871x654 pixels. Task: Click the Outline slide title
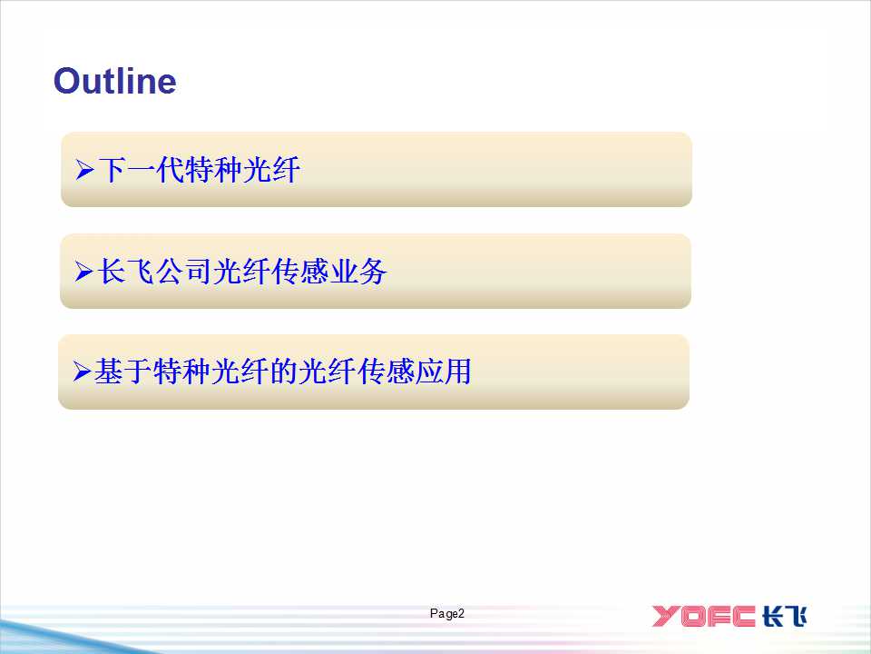point(115,81)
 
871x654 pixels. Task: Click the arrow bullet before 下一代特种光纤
point(84,170)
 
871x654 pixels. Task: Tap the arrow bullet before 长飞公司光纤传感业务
point(83,272)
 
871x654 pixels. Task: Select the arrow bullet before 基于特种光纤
point(82,372)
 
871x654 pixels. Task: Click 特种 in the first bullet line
point(213,170)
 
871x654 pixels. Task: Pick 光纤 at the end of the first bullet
point(271,170)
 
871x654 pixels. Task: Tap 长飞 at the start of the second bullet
point(125,272)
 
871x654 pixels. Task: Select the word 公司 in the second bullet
point(184,272)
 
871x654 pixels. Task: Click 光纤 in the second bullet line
point(242,272)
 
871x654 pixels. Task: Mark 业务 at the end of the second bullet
point(358,272)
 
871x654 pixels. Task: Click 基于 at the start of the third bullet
point(123,372)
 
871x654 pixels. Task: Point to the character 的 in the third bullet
point(283,372)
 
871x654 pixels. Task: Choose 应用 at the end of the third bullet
point(443,372)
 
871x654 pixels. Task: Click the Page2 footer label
point(446,613)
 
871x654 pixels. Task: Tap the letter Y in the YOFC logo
point(665,616)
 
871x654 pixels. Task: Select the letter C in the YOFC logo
point(741,616)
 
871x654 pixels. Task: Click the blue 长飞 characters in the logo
point(784,616)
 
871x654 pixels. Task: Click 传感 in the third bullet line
point(385,372)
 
